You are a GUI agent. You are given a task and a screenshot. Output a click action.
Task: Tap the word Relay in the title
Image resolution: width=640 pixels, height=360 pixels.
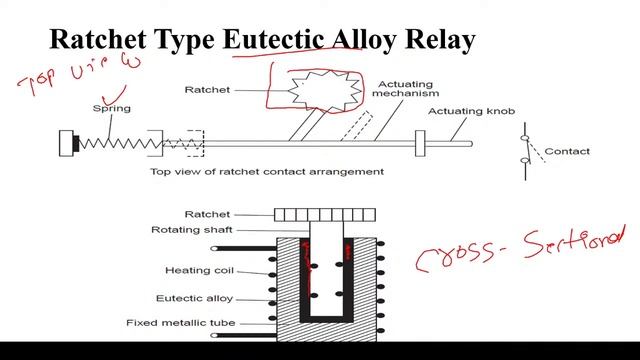click(x=441, y=40)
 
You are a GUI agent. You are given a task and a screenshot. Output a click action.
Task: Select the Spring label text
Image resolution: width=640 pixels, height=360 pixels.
click(x=111, y=107)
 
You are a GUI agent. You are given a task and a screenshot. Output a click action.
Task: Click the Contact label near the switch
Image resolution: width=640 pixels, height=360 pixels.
click(x=566, y=152)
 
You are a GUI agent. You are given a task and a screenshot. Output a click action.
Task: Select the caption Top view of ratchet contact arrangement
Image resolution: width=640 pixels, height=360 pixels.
click(x=267, y=171)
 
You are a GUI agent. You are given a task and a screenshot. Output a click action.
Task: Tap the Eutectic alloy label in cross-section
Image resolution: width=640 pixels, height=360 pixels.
click(x=195, y=297)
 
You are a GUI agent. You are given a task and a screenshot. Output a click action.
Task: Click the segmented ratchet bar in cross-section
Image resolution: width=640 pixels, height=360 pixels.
click(x=326, y=214)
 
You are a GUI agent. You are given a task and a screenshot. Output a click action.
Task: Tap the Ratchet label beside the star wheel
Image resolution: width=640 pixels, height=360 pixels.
click(x=207, y=90)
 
